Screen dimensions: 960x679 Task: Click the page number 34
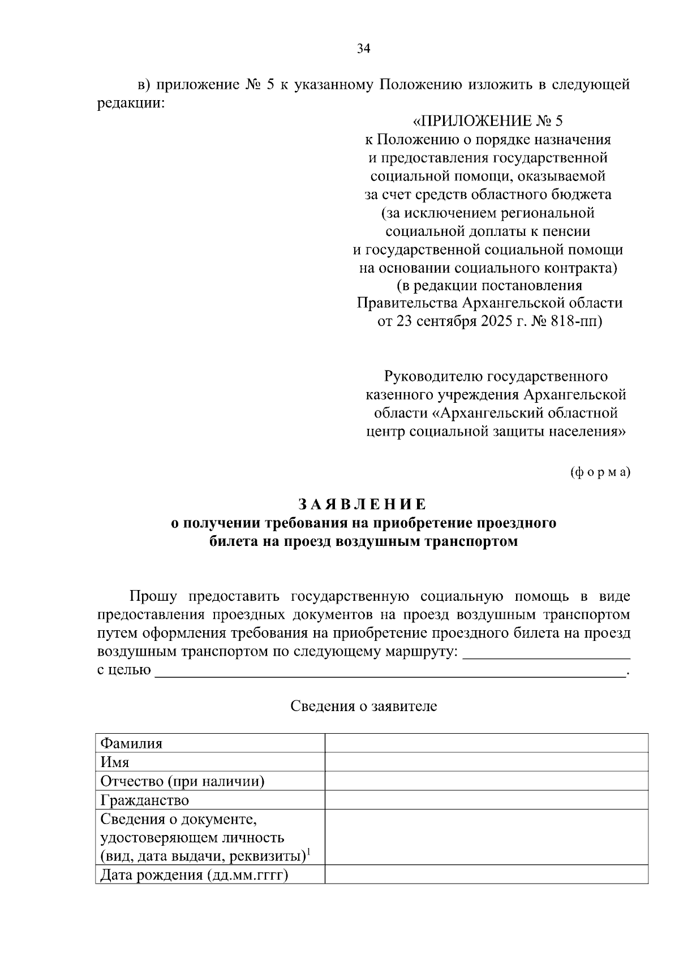pyautogui.click(x=363, y=49)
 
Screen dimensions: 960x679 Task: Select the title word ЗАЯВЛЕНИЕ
pyautogui.click(x=363, y=504)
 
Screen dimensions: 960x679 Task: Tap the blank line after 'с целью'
pyautogui.click(x=390, y=671)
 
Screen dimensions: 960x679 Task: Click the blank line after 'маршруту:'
pyautogui.click(x=546, y=653)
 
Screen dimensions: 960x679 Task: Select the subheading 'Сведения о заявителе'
pyautogui.click(x=363, y=706)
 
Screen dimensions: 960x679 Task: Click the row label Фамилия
pyautogui.click(x=131, y=743)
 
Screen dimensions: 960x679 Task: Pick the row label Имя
pyautogui.click(x=115, y=762)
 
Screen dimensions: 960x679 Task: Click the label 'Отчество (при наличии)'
pyautogui.click(x=183, y=781)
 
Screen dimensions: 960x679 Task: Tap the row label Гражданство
pyautogui.click(x=145, y=800)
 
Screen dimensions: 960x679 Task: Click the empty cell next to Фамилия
pyautogui.click(x=486, y=743)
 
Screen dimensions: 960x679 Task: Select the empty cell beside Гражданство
pyautogui.click(x=486, y=800)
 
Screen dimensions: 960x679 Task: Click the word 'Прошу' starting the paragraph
pyautogui.click(x=153, y=596)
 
